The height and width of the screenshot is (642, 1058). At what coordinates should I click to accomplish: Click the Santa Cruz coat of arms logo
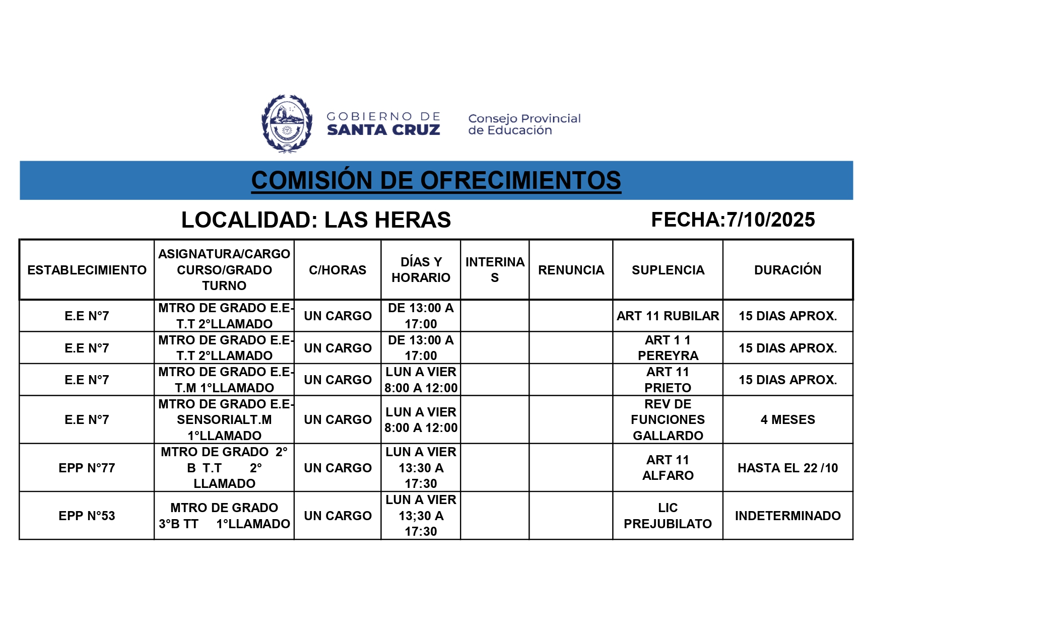[x=287, y=123]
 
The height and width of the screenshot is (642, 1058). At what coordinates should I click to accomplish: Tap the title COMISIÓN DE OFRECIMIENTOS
[x=436, y=180]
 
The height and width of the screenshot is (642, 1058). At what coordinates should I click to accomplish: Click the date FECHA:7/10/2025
[x=733, y=220]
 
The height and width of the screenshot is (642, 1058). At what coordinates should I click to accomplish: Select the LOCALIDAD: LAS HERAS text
[x=316, y=220]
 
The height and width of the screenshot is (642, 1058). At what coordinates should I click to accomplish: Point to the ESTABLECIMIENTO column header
[x=87, y=270]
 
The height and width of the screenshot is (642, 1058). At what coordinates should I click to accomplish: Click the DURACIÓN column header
[x=787, y=270]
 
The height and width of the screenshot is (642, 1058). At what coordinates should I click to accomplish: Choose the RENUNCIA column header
[x=571, y=270]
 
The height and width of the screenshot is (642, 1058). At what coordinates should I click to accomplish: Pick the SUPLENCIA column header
[x=668, y=270]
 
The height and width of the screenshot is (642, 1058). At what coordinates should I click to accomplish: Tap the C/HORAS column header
[x=338, y=270]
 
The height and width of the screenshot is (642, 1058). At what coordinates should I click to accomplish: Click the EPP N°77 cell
[x=87, y=468]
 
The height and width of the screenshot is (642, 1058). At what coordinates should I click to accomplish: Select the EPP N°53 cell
[x=87, y=516]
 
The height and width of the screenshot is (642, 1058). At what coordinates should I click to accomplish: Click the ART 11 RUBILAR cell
[x=668, y=316]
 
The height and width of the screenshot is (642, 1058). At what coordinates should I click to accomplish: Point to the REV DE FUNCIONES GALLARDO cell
[x=668, y=419]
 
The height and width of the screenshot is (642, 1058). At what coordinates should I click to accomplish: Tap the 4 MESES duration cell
[x=787, y=419]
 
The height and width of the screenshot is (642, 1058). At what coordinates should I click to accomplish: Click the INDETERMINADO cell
[x=787, y=516]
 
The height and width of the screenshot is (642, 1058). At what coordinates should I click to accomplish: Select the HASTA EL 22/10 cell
[x=787, y=468]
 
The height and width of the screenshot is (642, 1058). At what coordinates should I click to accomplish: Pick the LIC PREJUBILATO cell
[x=668, y=516]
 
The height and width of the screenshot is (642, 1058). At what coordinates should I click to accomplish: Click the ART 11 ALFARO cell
[x=668, y=468]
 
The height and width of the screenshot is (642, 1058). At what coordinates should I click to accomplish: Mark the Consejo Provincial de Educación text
[x=524, y=124]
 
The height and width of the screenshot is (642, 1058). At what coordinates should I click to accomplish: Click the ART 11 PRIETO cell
[x=668, y=380]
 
